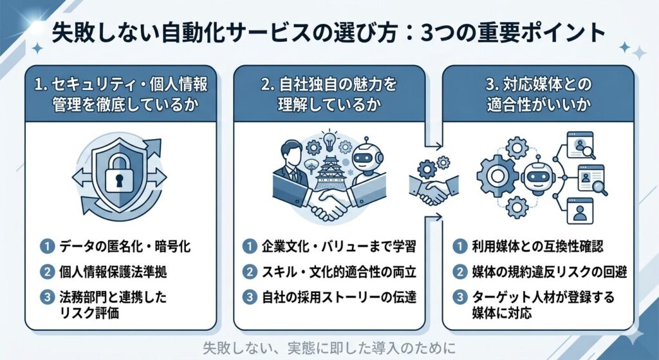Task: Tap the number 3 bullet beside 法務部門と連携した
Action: tap(46, 297)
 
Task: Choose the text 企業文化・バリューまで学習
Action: tap(338, 247)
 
